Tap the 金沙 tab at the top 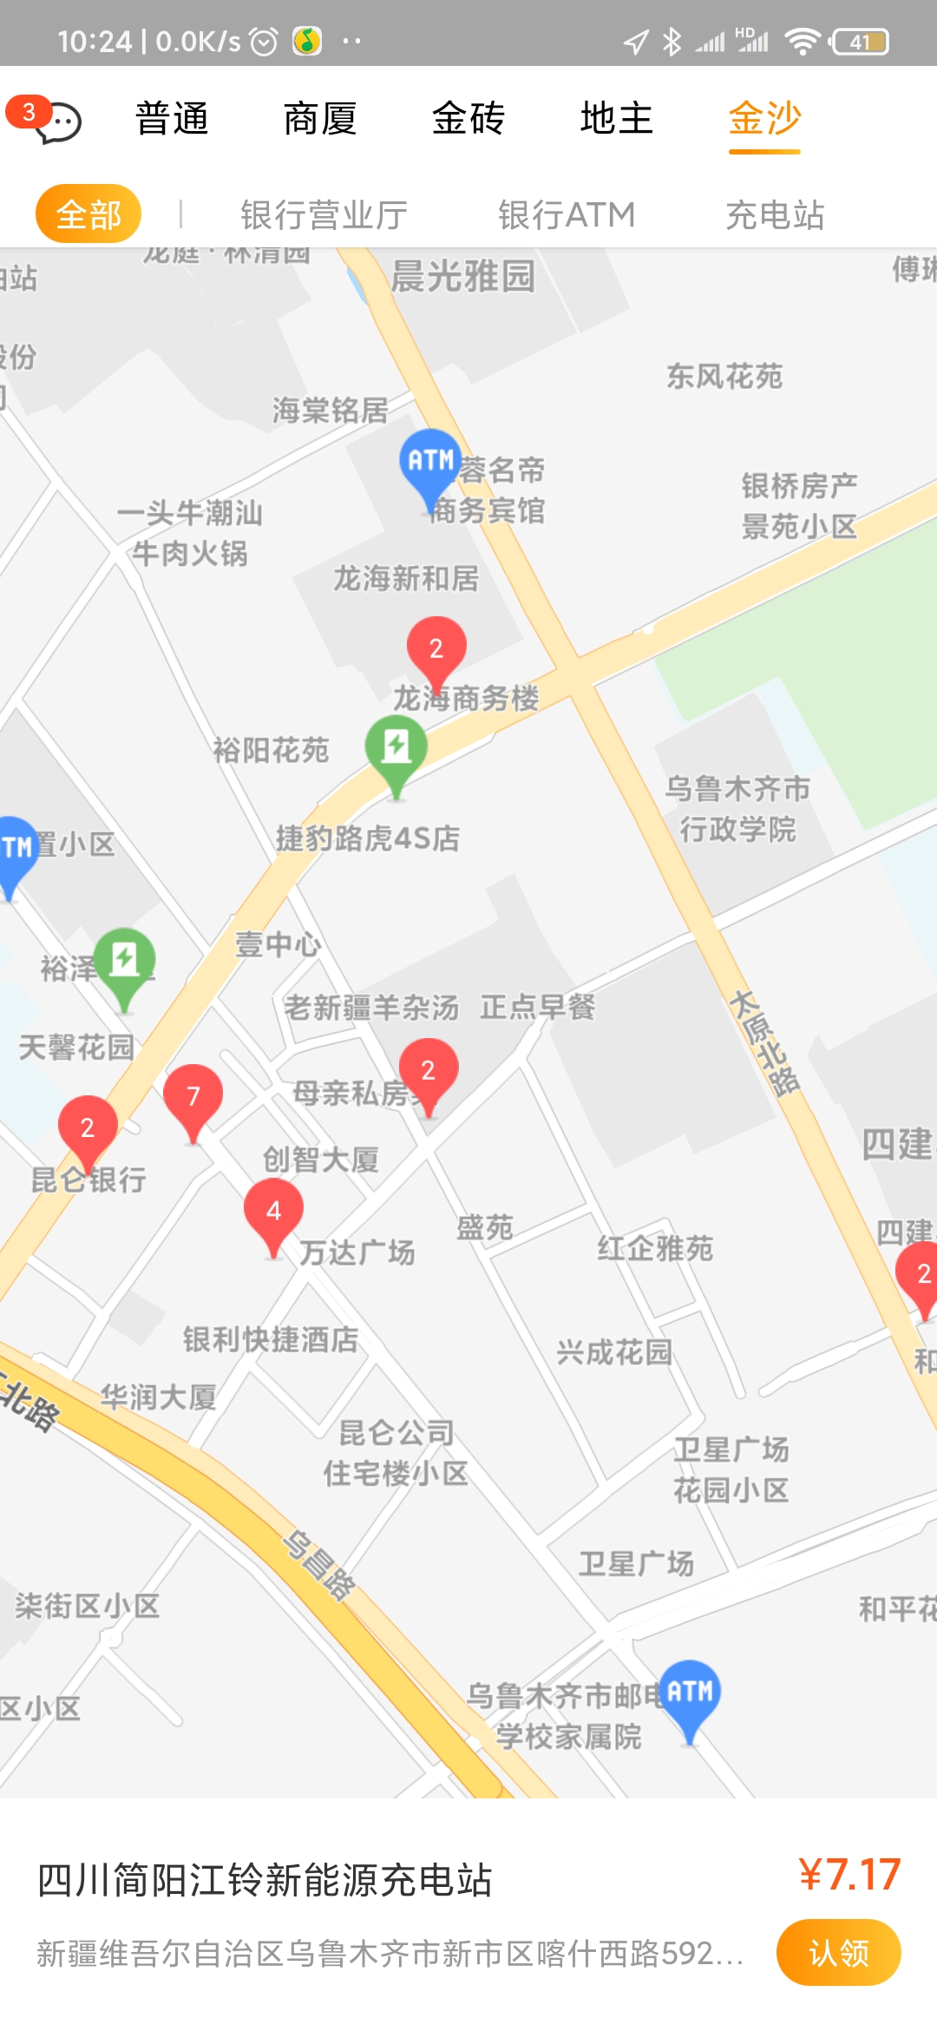click(x=764, y=119)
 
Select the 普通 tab click(x=172, y=119)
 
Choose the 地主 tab click(x=616, y=119)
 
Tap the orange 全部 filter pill click(x=88, y=214)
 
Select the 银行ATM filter click(x=567, y=214)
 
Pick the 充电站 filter click(x=775, y=214)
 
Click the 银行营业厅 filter click(x=324, y=214)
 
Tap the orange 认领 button click(x=838, y=1952)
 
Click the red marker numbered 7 click(x=193, y=1097)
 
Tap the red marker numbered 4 click(x=273, y=1212)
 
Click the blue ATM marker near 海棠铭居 click(x=430, y=462)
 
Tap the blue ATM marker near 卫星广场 click(x=690, y=1692)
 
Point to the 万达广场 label click(x=357, y=1252)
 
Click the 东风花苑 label click(x=724, y=377)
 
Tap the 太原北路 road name click(x=764, y=1043)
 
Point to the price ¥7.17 click(x=849, y=1875)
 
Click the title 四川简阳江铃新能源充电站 click(x=265, y=1880)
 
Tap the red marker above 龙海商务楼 click(x=436, y=649)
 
